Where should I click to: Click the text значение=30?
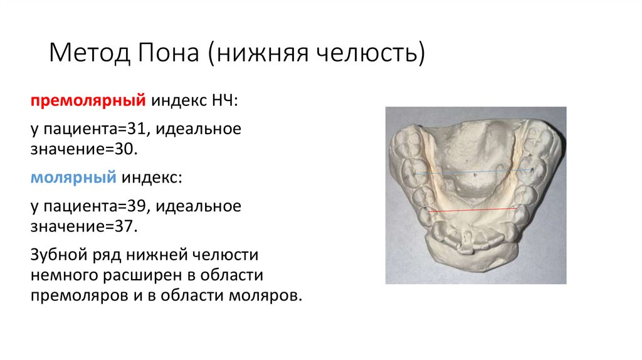[82, 149]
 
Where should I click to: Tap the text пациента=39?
[94, 207]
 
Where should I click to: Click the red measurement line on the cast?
[473, 210]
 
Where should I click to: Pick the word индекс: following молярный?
[152, 178]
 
